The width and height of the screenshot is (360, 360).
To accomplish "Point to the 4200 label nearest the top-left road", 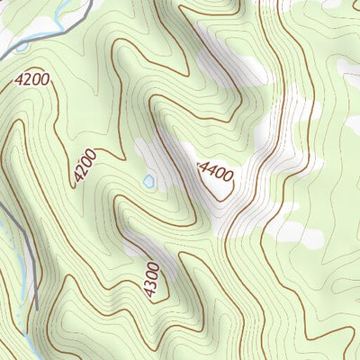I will click(31, 80).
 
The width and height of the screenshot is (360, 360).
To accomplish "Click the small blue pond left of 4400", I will click(148, 182).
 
